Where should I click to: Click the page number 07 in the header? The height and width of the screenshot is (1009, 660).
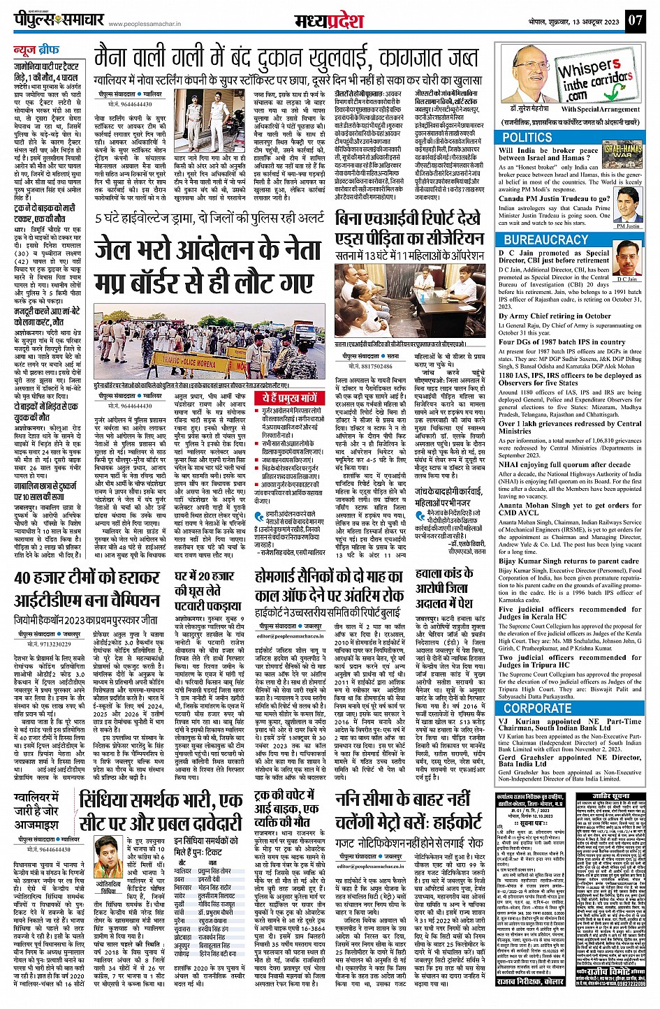[x=634, y=20]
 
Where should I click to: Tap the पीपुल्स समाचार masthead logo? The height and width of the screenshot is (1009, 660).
[x=59, y=20]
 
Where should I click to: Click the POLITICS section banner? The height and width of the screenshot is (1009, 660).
[x=527, y=138]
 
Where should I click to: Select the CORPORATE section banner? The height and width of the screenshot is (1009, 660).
[x=537, y=708]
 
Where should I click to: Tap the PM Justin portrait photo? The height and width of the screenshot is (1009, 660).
[x=628, y=208]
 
